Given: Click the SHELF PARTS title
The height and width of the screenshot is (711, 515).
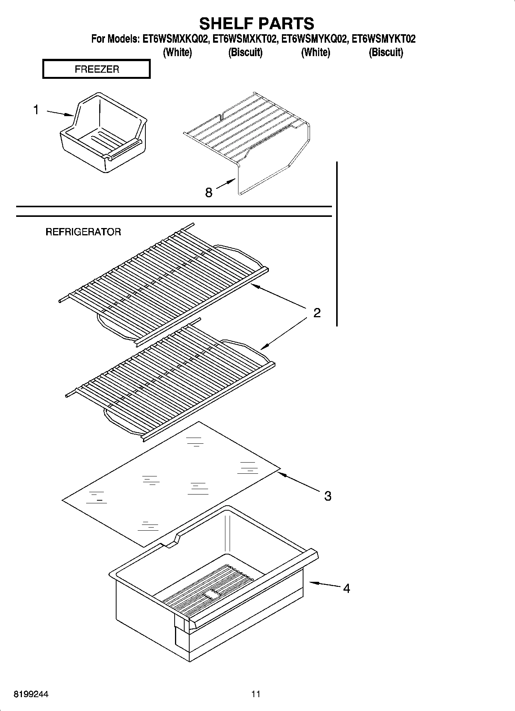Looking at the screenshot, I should (x=257, y=23).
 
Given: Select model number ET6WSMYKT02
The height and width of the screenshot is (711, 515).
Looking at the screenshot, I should (x=383, y=39).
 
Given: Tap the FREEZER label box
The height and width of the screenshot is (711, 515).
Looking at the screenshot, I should (x=96, y=69).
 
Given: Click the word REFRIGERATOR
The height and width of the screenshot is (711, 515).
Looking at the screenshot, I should (x=83, y=232).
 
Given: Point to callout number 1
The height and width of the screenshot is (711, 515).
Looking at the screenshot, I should (x=36, y=110).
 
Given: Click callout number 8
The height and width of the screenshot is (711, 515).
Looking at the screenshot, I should (x=208, y=192).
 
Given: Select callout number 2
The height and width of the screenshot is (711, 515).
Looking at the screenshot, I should (x=317, y=313).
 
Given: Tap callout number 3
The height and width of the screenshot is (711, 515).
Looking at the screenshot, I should (x=327, y=496).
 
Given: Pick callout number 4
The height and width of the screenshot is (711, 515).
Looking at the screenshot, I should (x=346, y=588).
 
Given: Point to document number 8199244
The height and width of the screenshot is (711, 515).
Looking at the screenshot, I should (x=32, y=694).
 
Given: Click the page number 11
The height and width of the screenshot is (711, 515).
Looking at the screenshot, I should (x=256, y=694).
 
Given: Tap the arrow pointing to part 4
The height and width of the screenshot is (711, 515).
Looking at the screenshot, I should (x=323, y=584).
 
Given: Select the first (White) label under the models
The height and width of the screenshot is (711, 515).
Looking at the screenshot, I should (x=177, y=52).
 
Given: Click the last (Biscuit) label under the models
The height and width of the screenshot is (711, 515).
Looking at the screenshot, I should (x=386, y=52).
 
